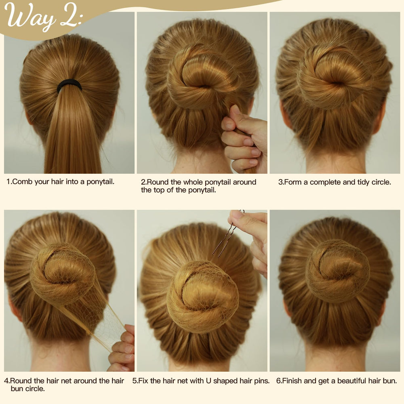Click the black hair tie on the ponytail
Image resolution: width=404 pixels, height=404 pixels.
pyautogui.click(x=69, y=85)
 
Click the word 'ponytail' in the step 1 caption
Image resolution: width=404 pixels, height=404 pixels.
pyautogui.click(x=100, y=182)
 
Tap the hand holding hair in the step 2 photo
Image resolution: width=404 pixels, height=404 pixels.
pyautogui.click(x=244, y=139)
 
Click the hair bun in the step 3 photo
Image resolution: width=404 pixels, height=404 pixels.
pyautogui.click(x=334, y=76)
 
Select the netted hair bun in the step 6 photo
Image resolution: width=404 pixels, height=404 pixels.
pyautogui.click(x=337, y=271)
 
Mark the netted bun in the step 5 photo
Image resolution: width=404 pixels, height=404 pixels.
pyautogui.click(x=202, y=296)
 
